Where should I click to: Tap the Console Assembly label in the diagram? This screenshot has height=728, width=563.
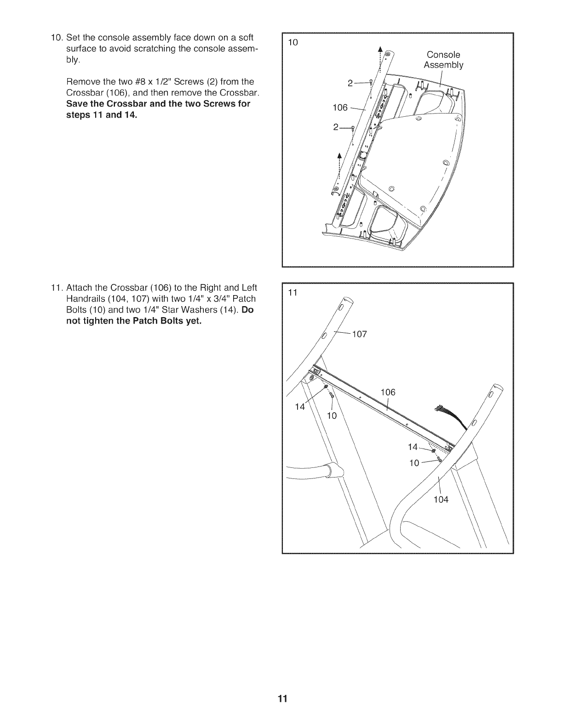[443, 60]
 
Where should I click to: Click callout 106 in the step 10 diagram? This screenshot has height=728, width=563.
[340, 108]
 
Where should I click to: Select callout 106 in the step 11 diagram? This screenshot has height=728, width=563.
[388, 392]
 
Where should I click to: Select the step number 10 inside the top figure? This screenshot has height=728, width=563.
[293, 43]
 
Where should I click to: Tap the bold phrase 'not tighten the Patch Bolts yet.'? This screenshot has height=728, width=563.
[133, 321]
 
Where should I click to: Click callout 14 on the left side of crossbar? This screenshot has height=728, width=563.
[299, 406]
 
